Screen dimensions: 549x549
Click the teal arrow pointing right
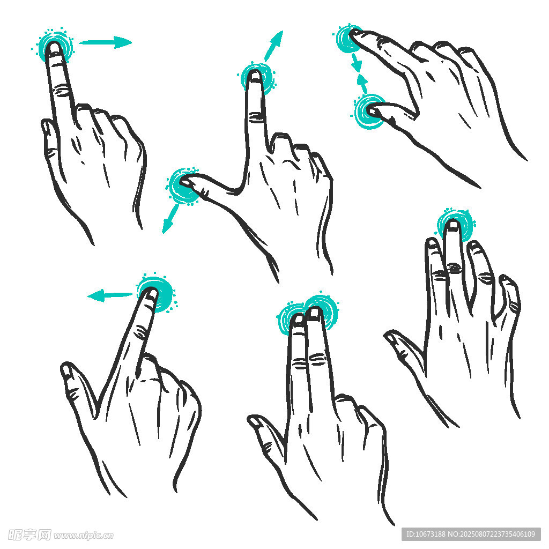point(105,42)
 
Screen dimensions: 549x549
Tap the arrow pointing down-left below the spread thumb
point(170,219)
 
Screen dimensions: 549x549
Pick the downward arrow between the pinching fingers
point(357,62)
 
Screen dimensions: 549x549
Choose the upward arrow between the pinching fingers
point(362,84)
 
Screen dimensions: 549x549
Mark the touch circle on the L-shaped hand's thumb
point(182,186)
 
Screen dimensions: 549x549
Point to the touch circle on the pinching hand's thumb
point(369,112)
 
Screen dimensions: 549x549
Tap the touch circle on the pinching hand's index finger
point(349,38)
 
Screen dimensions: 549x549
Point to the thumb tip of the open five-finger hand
point(389,336)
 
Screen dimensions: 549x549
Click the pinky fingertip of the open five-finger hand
point(507,280)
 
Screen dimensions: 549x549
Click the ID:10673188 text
point(426,535)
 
